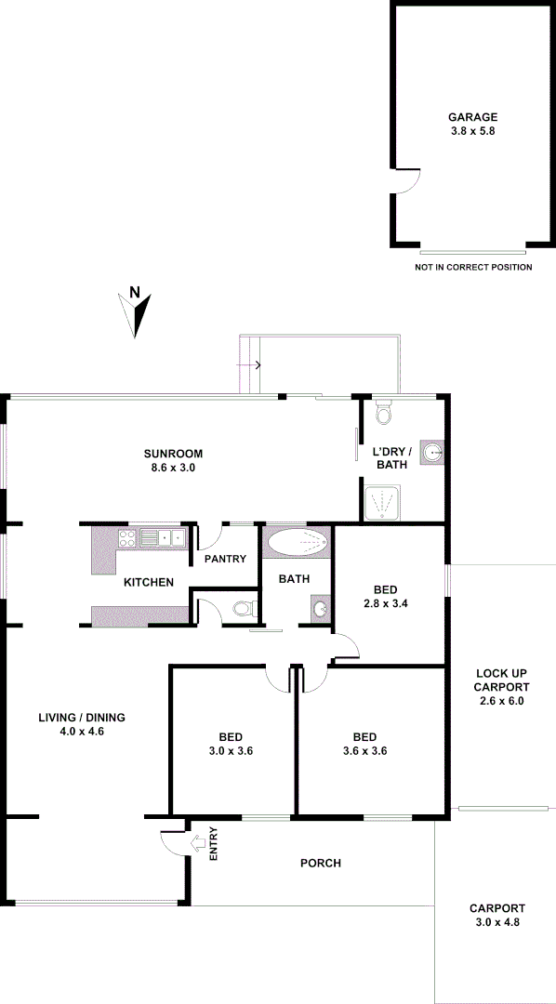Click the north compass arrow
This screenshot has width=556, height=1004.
click(137, 313)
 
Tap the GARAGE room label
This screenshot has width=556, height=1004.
click(473, 117)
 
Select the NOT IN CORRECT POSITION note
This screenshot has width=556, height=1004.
click(473, 268)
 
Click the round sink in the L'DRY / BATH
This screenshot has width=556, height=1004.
click(431, 453)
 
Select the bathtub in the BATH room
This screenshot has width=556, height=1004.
click(297, 543)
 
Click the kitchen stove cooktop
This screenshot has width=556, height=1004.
click(128, 536)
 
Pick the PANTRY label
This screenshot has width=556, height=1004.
click(226, 559)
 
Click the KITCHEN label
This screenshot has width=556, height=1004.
click(149, 583)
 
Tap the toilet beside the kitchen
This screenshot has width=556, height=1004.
click(244, 610)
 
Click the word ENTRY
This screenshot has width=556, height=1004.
click(214, 843)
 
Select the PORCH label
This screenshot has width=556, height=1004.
click(320, 864)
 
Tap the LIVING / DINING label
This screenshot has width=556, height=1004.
click(82, 718)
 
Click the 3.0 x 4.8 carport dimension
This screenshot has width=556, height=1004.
click(496, 922)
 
